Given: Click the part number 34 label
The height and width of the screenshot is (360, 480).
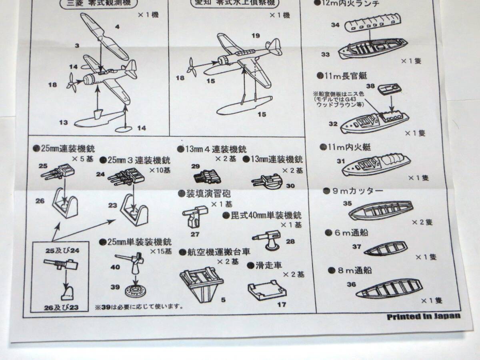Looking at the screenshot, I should (x=335, y=25).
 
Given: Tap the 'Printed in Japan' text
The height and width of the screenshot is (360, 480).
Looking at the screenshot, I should (x=424, y=316).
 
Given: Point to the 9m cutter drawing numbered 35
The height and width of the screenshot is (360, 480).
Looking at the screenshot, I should (x=380, y=210).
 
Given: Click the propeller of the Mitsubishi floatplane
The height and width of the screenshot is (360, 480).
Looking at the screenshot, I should (x=73, y=83).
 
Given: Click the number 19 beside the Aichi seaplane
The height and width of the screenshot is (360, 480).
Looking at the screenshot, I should (x=256, y=36).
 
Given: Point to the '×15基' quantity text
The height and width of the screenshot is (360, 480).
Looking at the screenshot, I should (x=161, y=252).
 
